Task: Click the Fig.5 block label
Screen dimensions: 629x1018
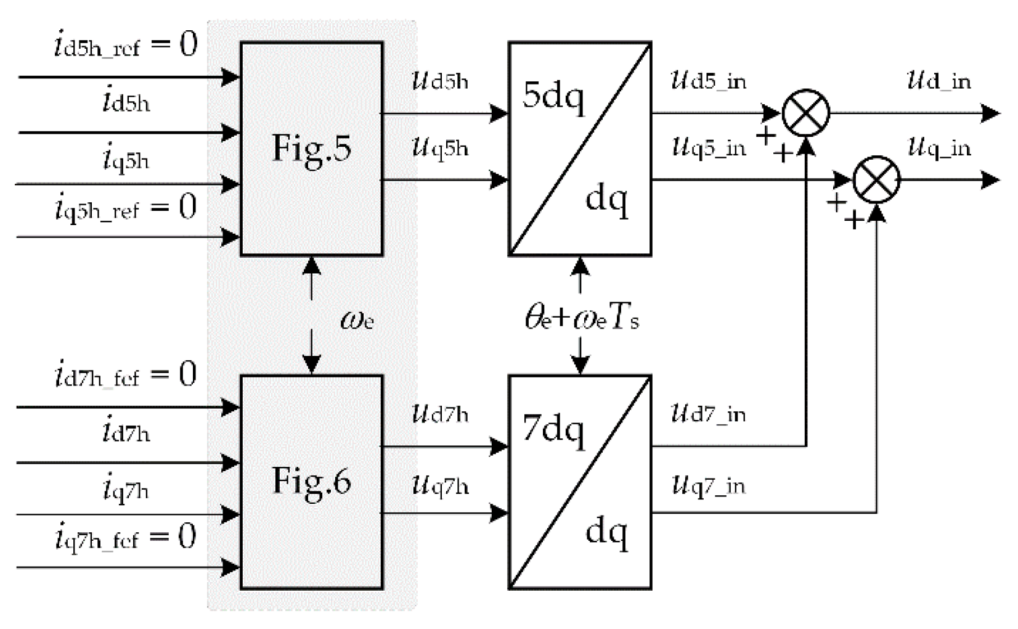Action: pos(312,149)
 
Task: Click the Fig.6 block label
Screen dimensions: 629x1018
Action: pos(312,482)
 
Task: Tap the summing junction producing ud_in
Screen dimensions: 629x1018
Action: pos(805,113)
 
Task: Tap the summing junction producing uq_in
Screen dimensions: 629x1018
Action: pos(876,180)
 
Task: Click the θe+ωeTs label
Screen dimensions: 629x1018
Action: pos(581,319)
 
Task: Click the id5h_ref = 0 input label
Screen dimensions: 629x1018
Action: pos(126,46)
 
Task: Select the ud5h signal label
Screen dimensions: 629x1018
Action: pos(440,81)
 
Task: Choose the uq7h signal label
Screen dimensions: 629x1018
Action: pos(440,486)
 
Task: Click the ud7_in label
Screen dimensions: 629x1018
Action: pos(709,414)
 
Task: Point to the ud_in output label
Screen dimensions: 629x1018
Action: pos(939,81)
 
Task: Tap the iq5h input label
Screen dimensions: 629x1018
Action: pos(126,158)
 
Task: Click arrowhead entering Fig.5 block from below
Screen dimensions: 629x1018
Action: pos(312,265)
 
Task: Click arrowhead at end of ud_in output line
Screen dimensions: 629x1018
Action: pos(990,113)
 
